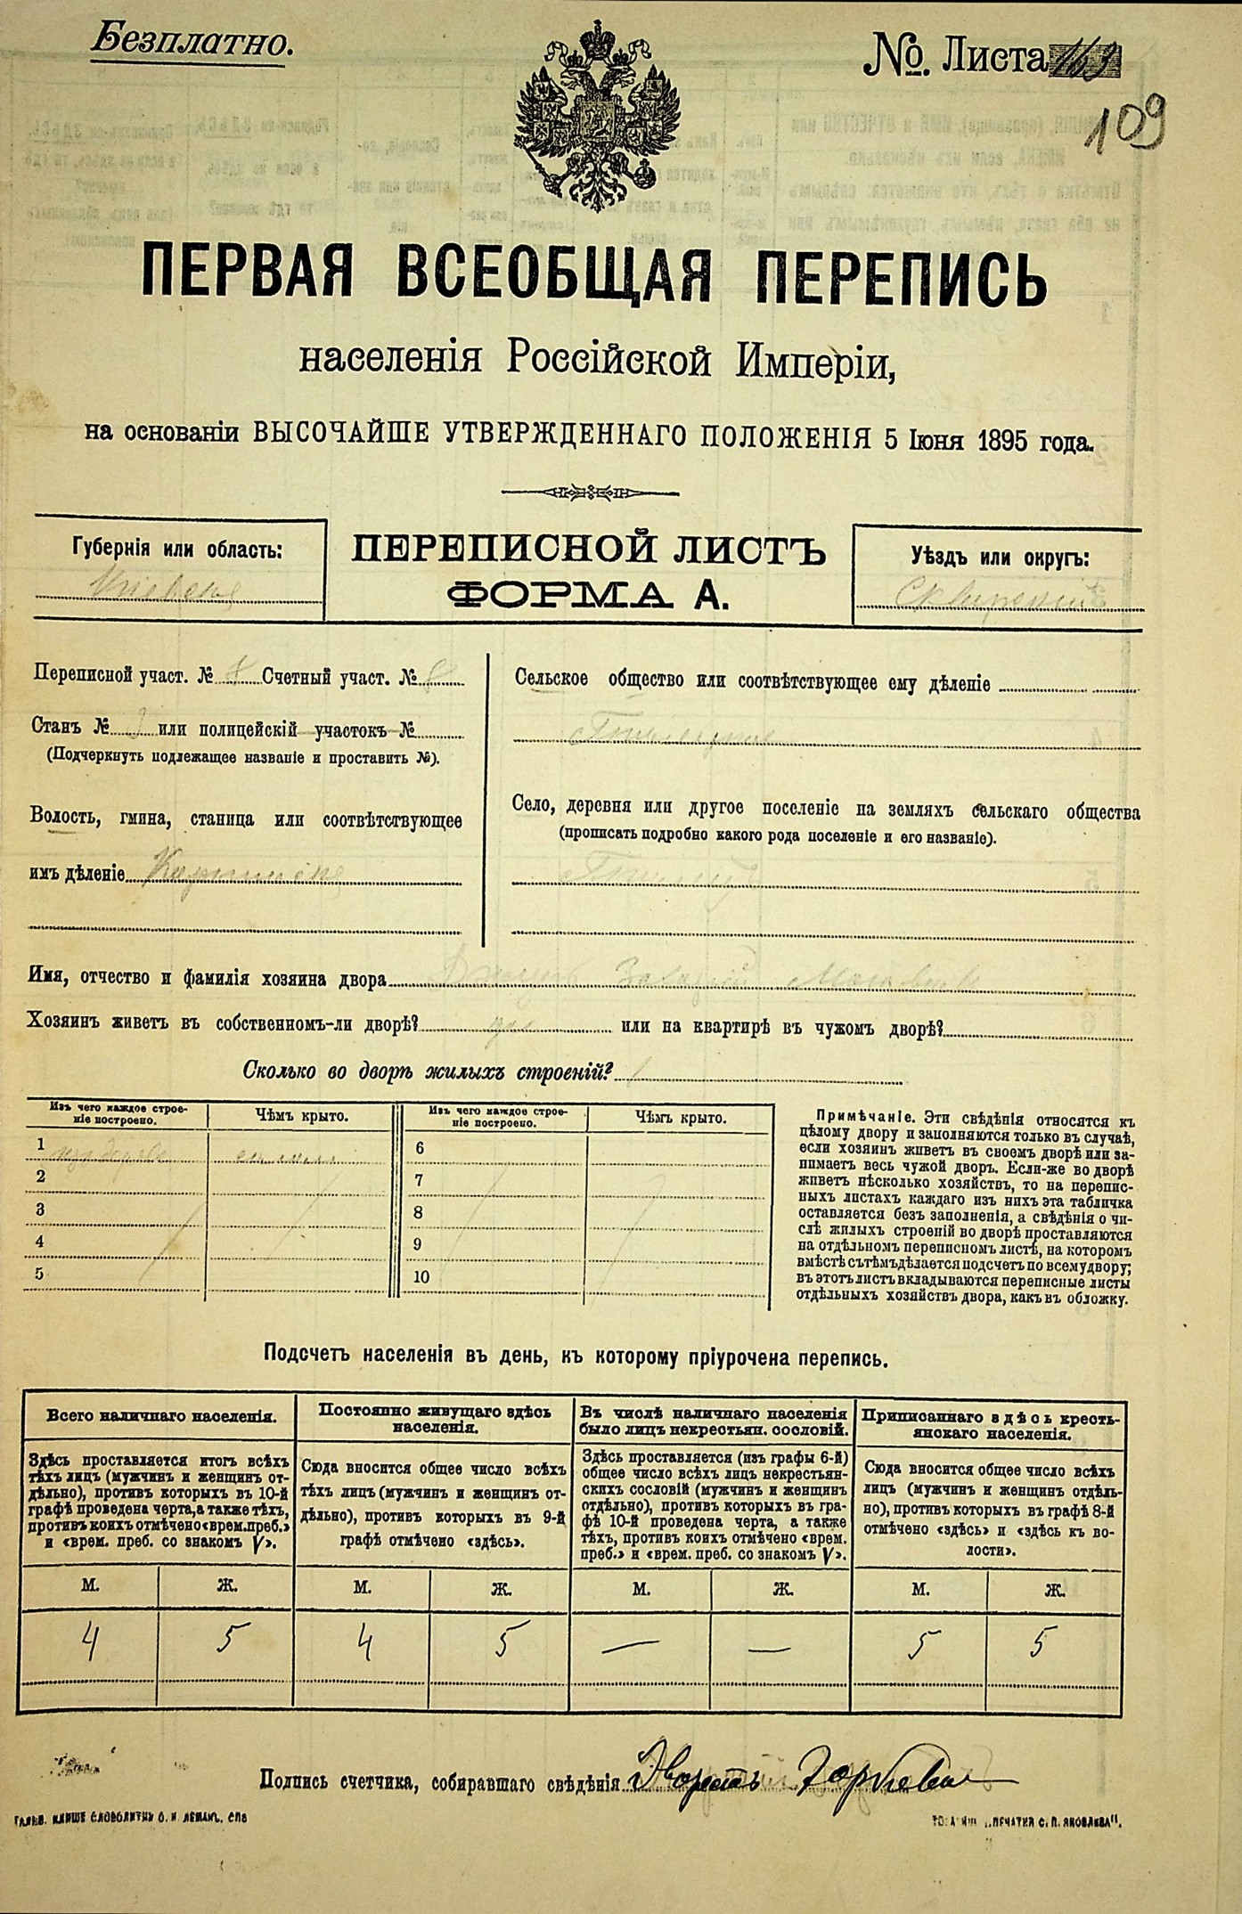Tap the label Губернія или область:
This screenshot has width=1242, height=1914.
(176, 550)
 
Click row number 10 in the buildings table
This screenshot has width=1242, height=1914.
(421, 1276)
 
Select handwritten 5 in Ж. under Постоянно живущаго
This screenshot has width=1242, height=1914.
(511, 1639)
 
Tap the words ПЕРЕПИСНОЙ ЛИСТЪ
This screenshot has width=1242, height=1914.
(588, 551)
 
